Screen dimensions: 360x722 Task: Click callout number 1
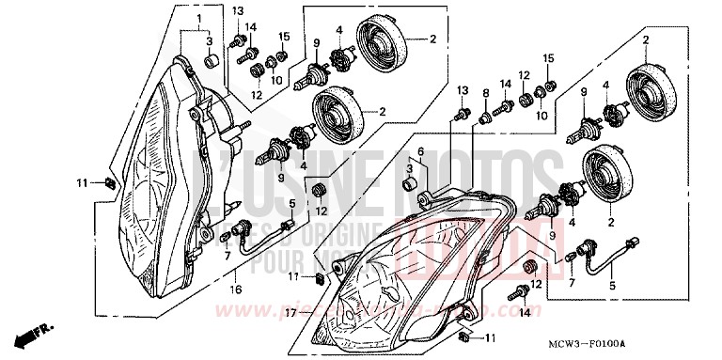coord(198,19)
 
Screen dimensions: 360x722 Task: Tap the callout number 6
coord(421,151)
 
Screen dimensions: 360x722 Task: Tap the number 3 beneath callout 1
coord(209,41)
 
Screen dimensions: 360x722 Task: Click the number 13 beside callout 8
coord(463,89)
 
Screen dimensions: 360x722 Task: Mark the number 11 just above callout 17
coord(294,276)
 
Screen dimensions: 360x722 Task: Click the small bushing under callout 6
coord(410,183)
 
